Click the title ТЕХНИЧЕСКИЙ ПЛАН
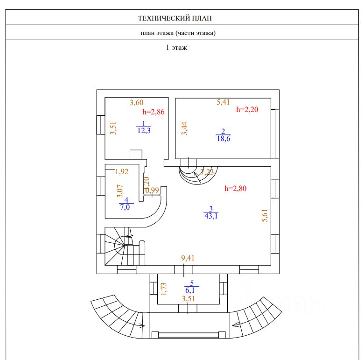point(175,19)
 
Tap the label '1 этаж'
point(176,47)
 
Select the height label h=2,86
point(153,112)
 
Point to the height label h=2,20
point(247,110)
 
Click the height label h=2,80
point(235,189)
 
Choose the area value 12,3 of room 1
point(144,131)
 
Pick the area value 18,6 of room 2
point(224,138)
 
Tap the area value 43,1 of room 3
point(211,215)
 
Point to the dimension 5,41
point(224,101)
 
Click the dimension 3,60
point(136,102)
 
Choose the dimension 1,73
point(163,289)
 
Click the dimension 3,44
point(184,128)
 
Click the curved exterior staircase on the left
point(117,316)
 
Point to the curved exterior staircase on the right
point(258,316)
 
